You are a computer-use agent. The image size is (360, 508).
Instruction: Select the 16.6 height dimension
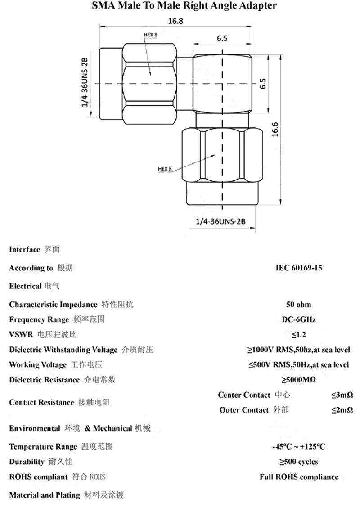pos(275,129)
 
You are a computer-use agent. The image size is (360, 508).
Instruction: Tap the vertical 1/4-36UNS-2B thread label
pos(84,83)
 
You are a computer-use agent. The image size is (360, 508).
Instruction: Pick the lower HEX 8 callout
pos(165,169)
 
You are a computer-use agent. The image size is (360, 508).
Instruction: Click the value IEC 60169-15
pos(298,268)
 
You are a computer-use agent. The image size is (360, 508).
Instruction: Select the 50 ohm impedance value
pos(298,305)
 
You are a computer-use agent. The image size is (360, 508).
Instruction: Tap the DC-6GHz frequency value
pos(298,319)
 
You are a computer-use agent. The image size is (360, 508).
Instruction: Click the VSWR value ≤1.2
pos(298,335)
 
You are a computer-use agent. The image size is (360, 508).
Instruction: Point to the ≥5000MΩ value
pos(298,380)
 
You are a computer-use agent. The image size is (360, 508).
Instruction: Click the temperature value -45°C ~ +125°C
pos(298,447)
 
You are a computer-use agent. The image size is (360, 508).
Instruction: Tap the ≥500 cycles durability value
pos(298,462)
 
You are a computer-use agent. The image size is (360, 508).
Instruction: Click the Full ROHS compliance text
pos(298,477)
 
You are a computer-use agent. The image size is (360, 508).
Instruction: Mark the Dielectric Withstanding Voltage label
pos(63,350)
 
